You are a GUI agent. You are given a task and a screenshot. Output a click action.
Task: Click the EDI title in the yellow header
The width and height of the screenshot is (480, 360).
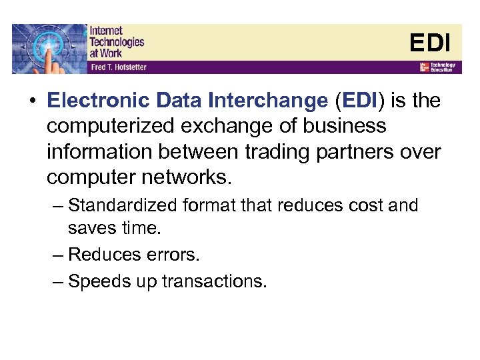(430, 43)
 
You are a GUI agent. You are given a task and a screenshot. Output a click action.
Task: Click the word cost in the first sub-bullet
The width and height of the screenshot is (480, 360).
(357, 205)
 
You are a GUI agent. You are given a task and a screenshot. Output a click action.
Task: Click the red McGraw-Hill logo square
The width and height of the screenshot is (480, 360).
(423, 67)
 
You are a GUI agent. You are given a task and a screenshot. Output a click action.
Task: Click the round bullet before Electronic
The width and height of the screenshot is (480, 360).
(31, 101)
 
